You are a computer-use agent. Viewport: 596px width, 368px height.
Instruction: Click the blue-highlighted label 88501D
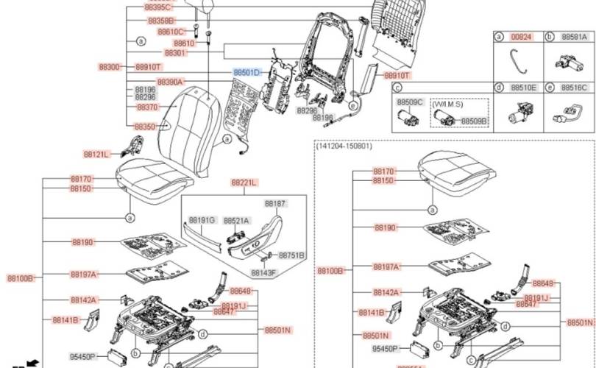(x=246, y=73)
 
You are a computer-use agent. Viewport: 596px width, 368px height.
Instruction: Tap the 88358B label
(x=161, y=21)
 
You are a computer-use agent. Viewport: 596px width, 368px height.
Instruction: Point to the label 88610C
(x=171, y=32)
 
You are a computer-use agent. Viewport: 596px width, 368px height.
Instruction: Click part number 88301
(x=175, y=54)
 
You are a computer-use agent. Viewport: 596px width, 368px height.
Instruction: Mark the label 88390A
(x=170, y=82)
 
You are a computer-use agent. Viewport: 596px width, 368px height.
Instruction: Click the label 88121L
(x=96, y=155)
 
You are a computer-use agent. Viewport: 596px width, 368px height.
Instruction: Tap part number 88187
(x=275, y=203)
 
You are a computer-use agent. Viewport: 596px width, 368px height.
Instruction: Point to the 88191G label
(x=202, y=220)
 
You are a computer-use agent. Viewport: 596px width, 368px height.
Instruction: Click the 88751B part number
(x=291, y=255)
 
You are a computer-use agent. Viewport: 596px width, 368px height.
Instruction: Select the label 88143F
(x=263, y=272)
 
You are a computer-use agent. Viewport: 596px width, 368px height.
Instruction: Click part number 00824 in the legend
(x=521, y=36)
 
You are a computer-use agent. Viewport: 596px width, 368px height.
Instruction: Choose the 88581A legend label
(x=574, y=36)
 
